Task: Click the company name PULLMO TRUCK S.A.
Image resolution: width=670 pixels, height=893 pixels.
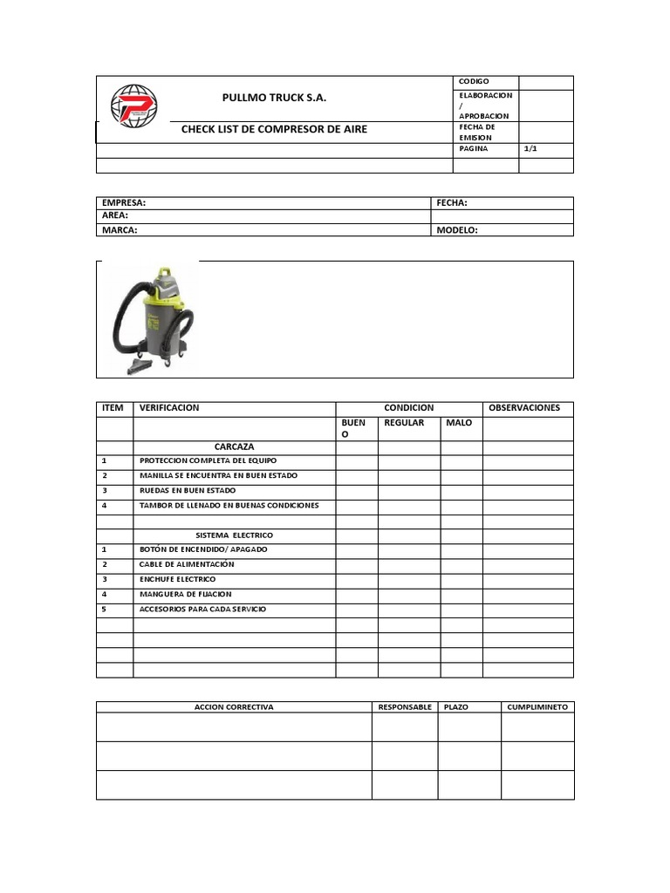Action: click(274, 98)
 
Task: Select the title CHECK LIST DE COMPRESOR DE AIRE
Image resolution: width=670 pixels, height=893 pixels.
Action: click(274, 129)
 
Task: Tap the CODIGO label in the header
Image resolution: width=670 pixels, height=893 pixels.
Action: click(475, 81)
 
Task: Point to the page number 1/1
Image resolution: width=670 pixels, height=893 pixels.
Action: click(530, 149)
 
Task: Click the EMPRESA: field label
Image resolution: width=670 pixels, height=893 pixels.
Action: click(124, 202)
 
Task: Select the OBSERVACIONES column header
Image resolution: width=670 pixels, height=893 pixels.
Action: click(524, 408)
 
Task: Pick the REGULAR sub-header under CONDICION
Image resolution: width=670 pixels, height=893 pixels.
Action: click(404, 423)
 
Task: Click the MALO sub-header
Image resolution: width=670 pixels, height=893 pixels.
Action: click(459, 423)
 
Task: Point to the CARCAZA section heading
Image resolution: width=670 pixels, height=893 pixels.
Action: click(234, 446)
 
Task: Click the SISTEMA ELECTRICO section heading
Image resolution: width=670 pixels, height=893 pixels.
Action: click(234, 535)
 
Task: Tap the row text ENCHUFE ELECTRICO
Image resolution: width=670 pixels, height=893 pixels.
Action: click(177, 579)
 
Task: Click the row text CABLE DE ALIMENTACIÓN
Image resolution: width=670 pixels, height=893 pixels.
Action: click(187, 564)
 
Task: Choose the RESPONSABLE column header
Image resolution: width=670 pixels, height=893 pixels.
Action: click(405, 707)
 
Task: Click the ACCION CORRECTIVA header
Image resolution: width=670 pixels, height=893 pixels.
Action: click(234, 707)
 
